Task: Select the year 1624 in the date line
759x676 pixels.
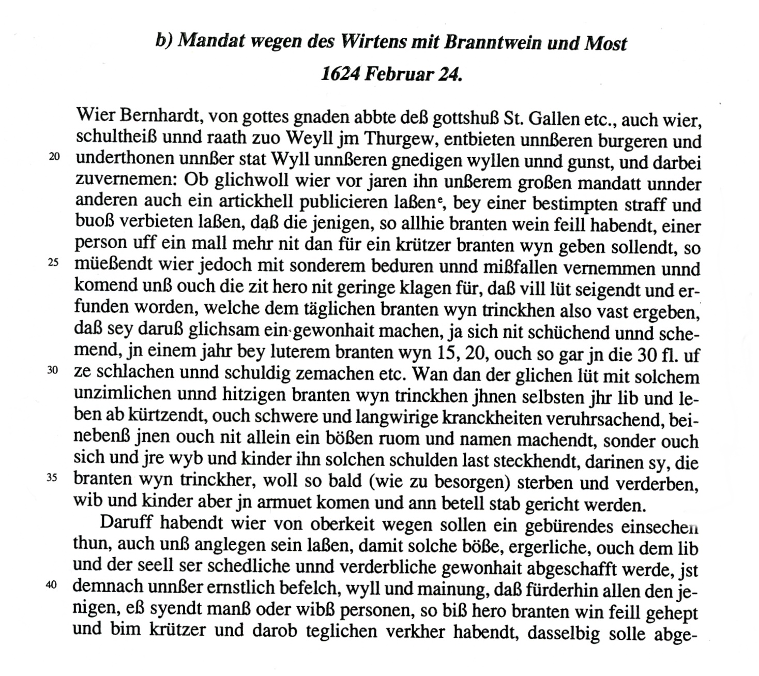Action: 340,74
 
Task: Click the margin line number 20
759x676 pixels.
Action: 54,157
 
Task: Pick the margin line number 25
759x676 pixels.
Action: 54,263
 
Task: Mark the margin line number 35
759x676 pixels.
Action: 52,478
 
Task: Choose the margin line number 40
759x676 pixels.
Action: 51,585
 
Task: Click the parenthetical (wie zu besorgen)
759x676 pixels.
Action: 440,482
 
